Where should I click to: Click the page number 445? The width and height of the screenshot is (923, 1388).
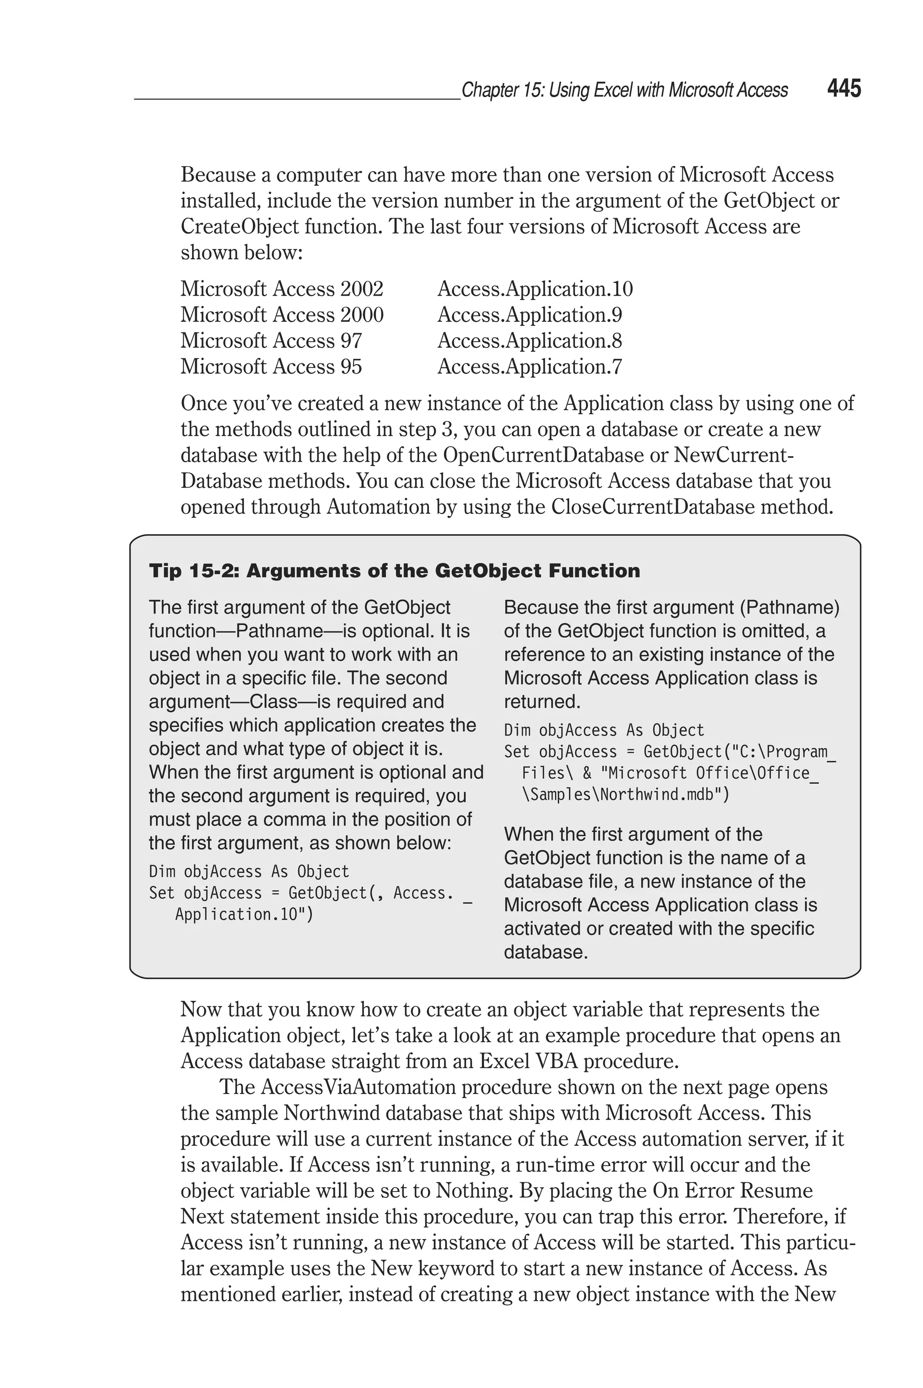844,89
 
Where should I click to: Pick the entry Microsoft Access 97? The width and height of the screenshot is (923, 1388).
271,341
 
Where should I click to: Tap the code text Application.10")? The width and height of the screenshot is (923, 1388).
244,914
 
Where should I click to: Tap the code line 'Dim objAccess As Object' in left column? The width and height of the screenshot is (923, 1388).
248,871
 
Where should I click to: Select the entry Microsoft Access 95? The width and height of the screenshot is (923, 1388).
271,366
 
